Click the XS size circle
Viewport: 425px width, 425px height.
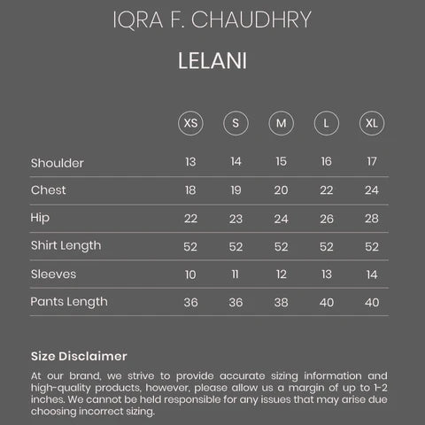coord(190,122)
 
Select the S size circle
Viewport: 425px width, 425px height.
coord(236,122)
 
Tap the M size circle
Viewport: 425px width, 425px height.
coord(281,122)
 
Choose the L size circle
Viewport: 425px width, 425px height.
coord(326,122)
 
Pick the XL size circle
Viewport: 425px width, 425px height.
coord(371,122)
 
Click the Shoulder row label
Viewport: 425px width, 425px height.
coord(58,162)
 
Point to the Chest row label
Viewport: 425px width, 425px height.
coord(49,190)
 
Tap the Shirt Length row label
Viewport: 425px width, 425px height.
coord(66,245)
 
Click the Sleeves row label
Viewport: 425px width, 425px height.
coord(53,274)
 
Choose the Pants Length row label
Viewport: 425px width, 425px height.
coord(69,301)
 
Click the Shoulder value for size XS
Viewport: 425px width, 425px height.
coord(190,162)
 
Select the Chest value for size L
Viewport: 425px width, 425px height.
coord(326,190)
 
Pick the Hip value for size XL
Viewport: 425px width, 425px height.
coord(371,218)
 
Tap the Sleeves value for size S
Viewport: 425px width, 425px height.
coord(236,274)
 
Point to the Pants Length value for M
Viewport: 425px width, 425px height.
coord(281,301)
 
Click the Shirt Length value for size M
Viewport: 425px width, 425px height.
coord(281,245)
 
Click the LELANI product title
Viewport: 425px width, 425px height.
coord(212,63)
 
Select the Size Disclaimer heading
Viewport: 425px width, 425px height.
coord(79,356)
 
